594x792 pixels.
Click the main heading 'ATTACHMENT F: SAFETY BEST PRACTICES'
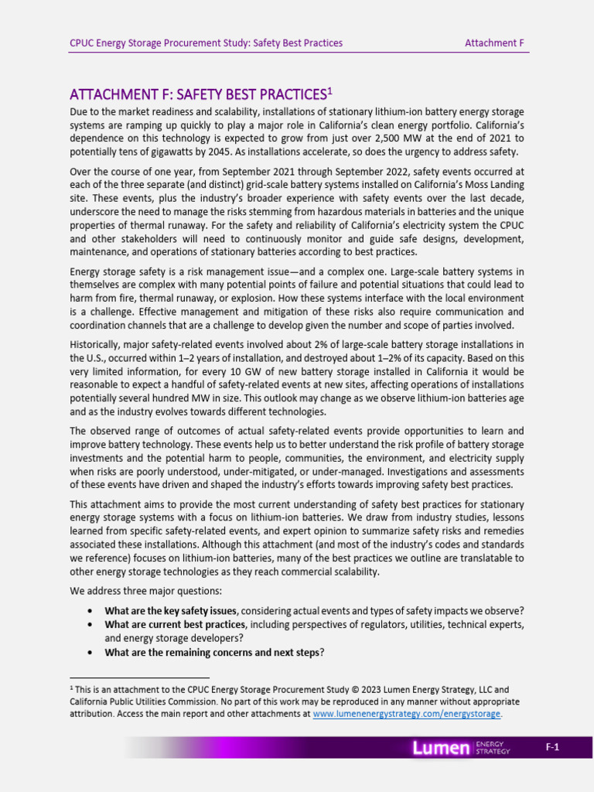[196, 95]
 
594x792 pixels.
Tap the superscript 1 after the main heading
[329, 91]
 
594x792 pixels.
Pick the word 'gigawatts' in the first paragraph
[162, 152]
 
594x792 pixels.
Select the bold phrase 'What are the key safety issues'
[171, 610]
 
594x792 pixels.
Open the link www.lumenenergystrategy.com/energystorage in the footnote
[407, 714]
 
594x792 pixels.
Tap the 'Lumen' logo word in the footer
[441, 748]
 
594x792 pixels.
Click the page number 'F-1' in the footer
[551, 747]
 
